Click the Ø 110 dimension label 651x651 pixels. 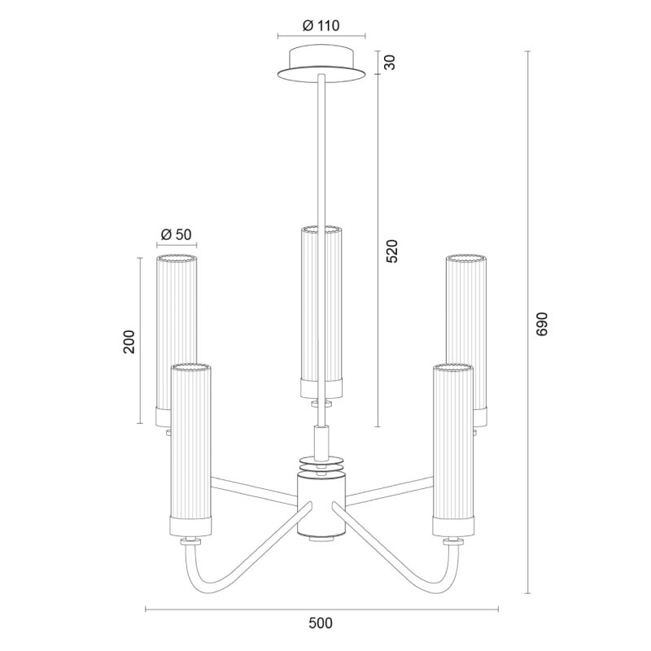click(x=321, y=25)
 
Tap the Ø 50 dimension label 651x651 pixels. click(x=177, y=234)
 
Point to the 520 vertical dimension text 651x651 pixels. click(x=391, y=251)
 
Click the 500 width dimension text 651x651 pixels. click(x=321, y=623)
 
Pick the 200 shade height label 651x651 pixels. click(x=129, y=342)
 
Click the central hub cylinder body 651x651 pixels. click(x=321, y=505)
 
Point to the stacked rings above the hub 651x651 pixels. click(x=321, y=465)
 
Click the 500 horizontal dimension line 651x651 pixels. click(x=244, y=609)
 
